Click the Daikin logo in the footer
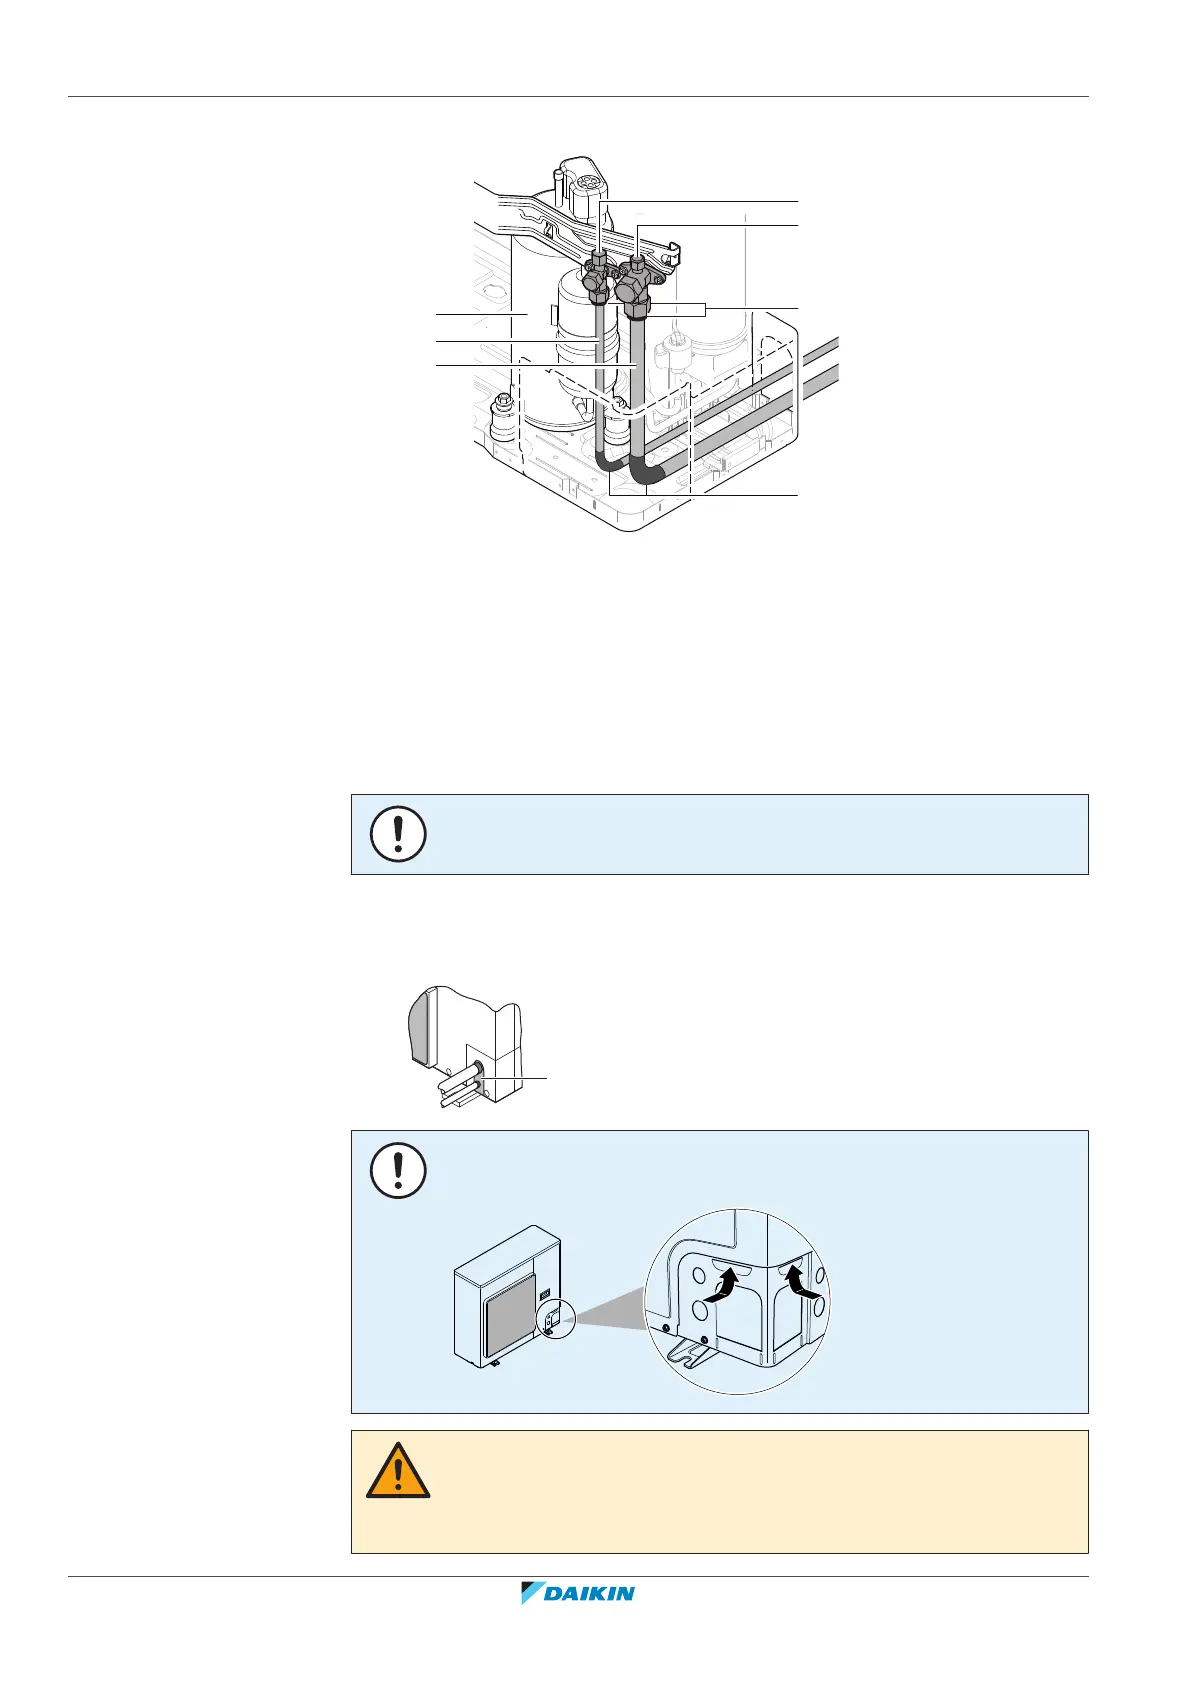(578, 1593)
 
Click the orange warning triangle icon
(398, 1470)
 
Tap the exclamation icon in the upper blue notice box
(398, 833)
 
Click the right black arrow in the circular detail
(802, 1281)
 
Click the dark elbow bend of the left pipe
(606, 462)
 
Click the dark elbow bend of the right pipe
(650, 470)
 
